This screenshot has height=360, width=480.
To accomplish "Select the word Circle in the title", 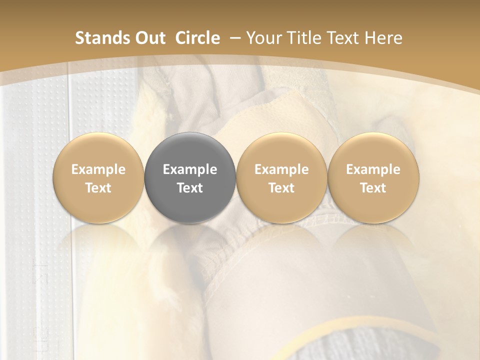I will click(x=197, y=38).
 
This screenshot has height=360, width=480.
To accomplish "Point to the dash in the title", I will click(x=234, y=38).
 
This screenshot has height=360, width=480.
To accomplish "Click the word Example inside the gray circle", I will click(x=190, y=169).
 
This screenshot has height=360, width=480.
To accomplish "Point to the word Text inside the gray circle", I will click(x=190, y=188).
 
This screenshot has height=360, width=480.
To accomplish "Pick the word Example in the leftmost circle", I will click(x=98, y=169).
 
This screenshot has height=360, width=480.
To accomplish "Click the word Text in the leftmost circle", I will click(x=98, y=188).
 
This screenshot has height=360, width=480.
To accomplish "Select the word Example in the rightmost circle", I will click(x=373, y=169).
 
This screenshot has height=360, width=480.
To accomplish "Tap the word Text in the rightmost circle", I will click(x=373, y=188).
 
